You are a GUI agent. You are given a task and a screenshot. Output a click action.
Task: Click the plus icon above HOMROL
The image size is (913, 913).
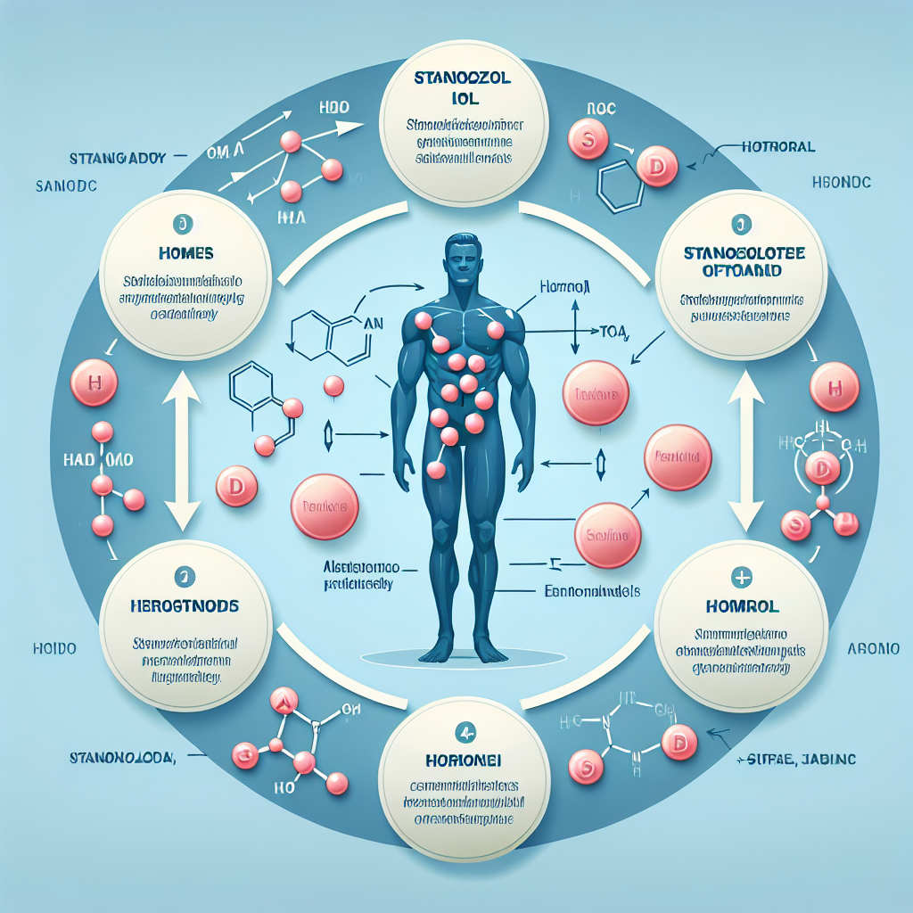(x=741, y=579)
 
